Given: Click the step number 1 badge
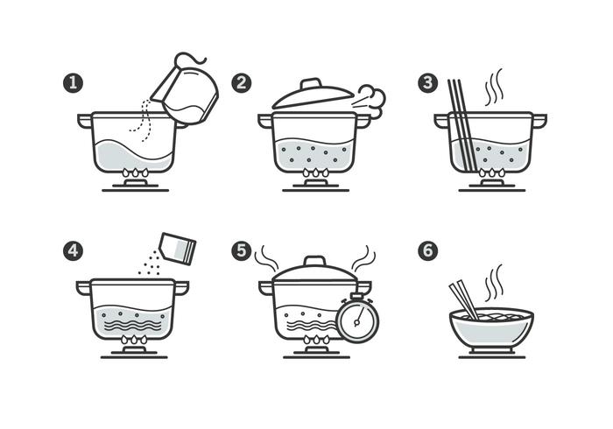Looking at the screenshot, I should pos(73,83).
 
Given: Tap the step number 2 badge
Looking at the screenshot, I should pos(242,83).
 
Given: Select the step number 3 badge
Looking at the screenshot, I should pos(427,83).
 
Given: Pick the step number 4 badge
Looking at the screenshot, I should pos(73,250).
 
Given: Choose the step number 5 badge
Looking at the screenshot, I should pos(242,250).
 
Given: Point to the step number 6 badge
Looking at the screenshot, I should pos(427,250).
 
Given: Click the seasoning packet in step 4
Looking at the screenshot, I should pos(177,248).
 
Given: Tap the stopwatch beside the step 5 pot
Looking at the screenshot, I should pos(356,320).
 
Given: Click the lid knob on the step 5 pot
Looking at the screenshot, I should pos(314,262).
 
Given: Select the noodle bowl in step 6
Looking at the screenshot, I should pos(491,328).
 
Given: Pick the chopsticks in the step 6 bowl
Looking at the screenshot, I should pos(464,299).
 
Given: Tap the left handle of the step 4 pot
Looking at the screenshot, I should pos(83,286).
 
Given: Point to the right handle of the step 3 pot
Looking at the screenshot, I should pos(539,119).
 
